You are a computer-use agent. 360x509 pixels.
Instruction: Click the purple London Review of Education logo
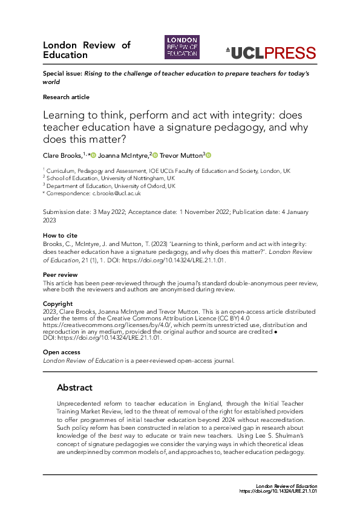pyautogui.click(x=182, y=47)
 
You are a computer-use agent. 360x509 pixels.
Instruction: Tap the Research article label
pyautogui.click(x=66, y=97)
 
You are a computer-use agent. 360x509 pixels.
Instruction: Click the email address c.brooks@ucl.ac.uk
pyautogui.click(x=116, y=193)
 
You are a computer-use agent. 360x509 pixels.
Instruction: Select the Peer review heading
pyautogui.click(x=60, y=274)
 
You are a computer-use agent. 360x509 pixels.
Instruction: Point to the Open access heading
pyautogui.click(x=61, y=352)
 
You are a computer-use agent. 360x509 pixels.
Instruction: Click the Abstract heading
pyautogui.click(x=74, y=387)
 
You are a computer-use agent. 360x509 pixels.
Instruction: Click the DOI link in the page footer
pyautogui.click(x=278, y=491)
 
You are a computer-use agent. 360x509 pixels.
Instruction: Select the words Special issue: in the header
pyautogui.click(x=62, y=73)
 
